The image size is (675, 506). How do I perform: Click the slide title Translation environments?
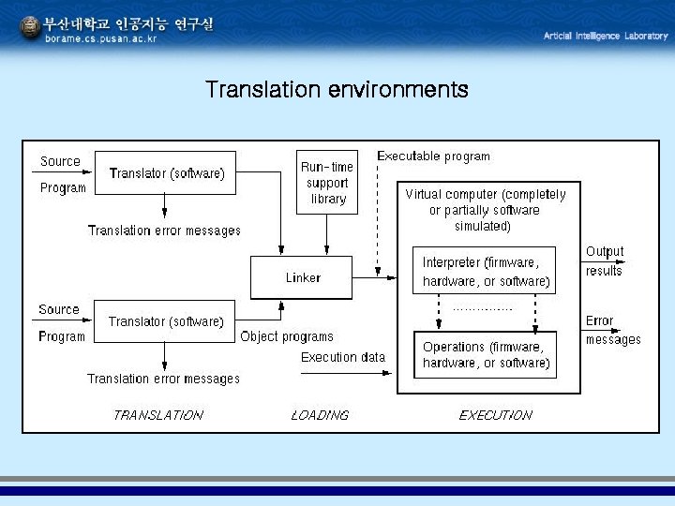click(337, 90)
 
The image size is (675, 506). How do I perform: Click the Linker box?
click(301, 277)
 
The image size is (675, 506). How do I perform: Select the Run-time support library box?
click(327, 182)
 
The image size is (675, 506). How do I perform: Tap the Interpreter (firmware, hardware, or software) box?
click(485, 271)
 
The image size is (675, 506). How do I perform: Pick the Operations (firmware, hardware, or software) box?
click(485, 354)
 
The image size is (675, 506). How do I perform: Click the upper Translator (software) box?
click(167, 173)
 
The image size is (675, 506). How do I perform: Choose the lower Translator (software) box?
click(166, 321)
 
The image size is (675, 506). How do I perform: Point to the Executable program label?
click(433, 156)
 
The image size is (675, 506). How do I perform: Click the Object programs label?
click(286, 336)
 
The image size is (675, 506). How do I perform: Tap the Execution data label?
click(342, 357)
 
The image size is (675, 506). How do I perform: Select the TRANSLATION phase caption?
click(157, 415)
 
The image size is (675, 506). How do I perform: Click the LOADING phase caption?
click(320, 415)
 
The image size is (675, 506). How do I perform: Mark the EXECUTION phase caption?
click(495, 415)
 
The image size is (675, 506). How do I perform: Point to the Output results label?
click(604, 261)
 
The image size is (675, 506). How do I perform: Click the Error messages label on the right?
click(612, 330)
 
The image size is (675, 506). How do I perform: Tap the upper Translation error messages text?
click(164, 231)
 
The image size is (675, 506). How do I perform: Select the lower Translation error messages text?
click(163, 379)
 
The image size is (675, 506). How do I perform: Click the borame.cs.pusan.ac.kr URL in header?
click(101, 38)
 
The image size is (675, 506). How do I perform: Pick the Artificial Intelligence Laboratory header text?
click(606, 36)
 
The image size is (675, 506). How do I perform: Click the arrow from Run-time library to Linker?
click(327, 234)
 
